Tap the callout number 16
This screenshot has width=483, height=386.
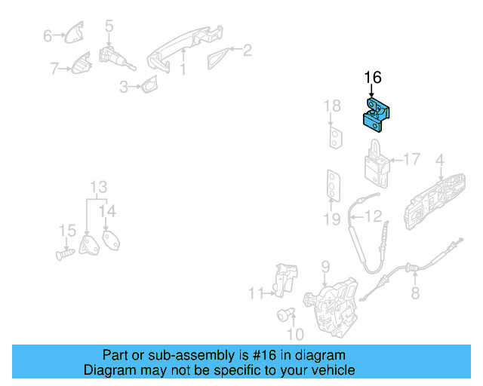(x=373, y=77)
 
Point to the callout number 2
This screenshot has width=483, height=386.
(x=247, y=51)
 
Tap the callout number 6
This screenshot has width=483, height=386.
(x=48, y=35)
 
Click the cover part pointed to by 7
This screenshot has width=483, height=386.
(x=79, y=66)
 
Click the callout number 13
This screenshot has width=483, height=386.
(x=99, y=187)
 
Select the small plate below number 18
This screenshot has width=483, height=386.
(x=334, y=137)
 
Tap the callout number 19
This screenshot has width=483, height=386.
(x=333, y=219)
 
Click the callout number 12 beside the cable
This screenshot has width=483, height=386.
(x=374, y=217)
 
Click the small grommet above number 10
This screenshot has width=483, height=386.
(x=287, y=314)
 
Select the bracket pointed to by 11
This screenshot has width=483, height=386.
(x=284, y=280)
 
